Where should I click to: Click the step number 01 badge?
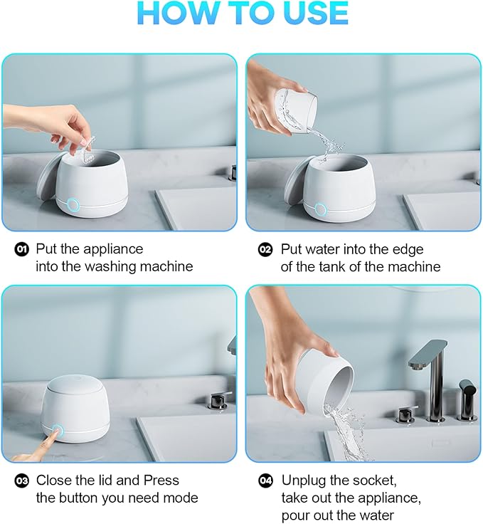(22, 249)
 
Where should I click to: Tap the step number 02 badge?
(265, 249)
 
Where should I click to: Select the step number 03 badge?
(22, 481)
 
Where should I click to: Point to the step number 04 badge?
(265, 481)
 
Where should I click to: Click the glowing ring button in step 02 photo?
(320, 209)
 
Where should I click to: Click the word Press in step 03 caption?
(159, 481)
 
